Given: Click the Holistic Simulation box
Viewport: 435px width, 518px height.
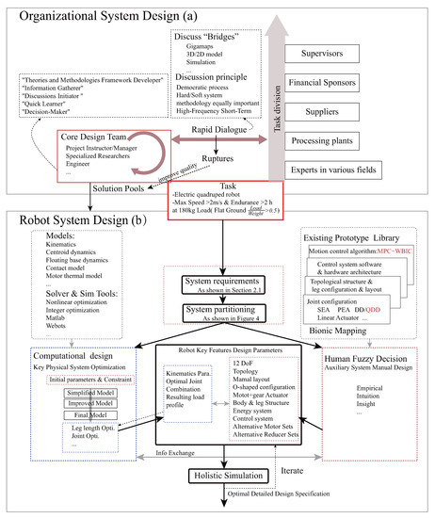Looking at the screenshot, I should pos(225,474).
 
